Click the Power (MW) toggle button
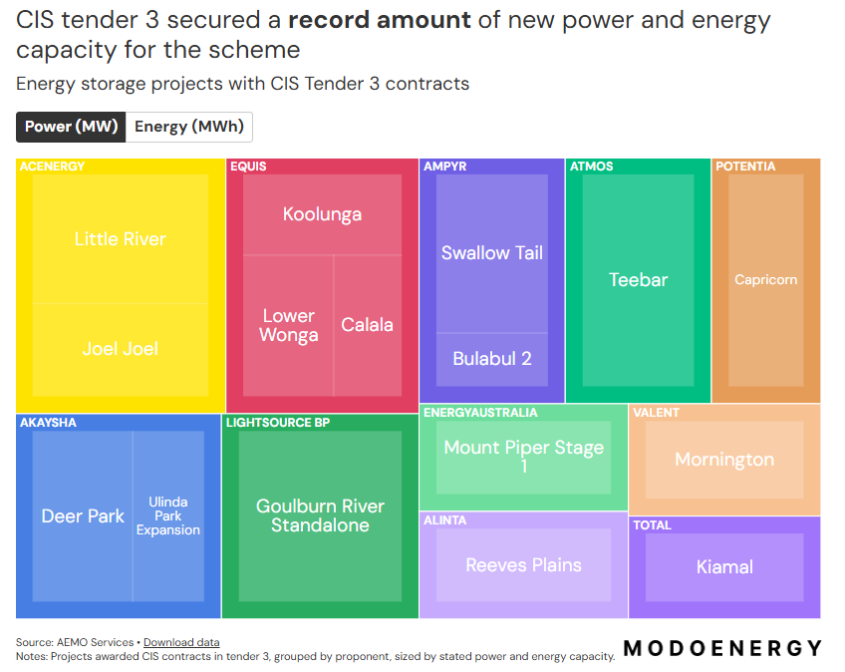tap(71, 127)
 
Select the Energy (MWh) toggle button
tap(189, 127)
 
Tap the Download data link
tap(181, 642)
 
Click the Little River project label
tap(121, 239)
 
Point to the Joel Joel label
tap(121, 349)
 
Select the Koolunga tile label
tap(322, 214)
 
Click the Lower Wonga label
tap(288, 325)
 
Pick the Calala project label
tap(367, 325)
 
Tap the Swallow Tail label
tap(492, 253)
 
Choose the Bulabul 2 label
tap(492, 359)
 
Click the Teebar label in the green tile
tap(638, 280)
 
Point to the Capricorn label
tap(765, 280)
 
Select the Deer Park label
tap(83, 516)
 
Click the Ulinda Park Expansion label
tap(168, 516)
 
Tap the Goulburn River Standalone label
tap(320, 515)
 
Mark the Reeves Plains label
tap(523, 565)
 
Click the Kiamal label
tap(724, 567)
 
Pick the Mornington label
tap(724, 460)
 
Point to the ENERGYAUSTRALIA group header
tap(480, 413)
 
